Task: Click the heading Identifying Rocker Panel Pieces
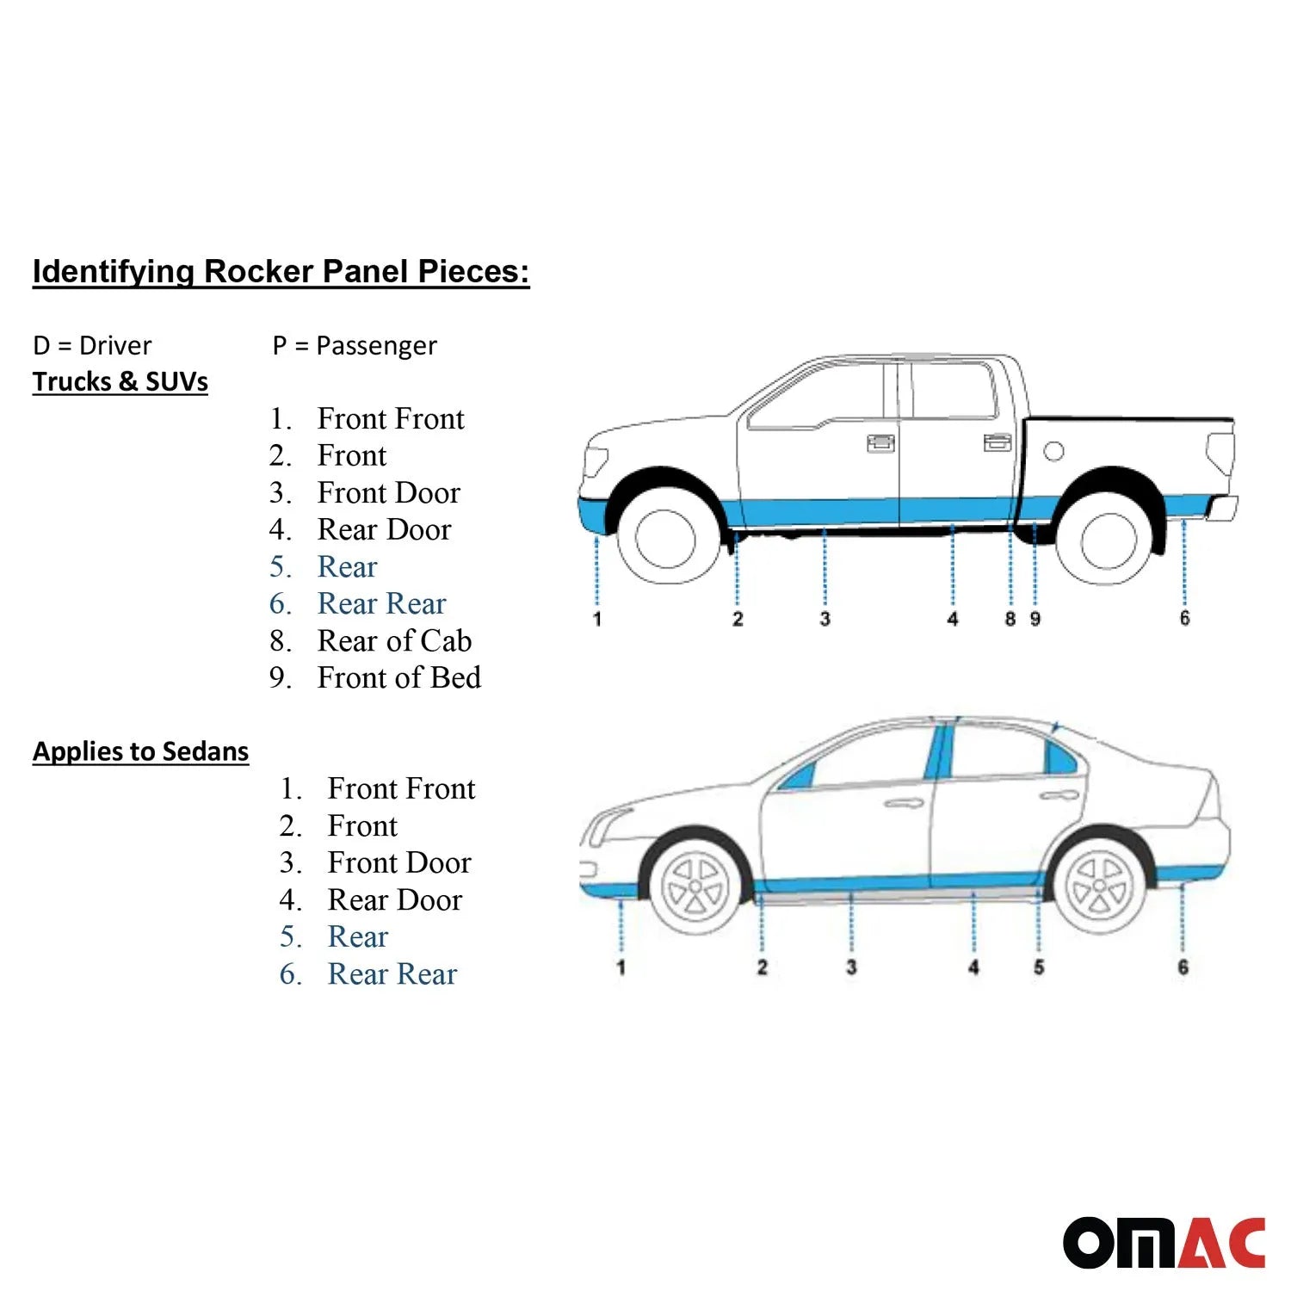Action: point(281,271)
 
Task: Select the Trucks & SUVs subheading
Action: point(120,381)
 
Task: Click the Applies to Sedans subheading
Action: point(140,751)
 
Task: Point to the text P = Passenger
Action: point(355,345)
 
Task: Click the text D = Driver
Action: point(92,345)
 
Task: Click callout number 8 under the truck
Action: point(1010,619)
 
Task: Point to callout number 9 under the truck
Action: point(1035,619)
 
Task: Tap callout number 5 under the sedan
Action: point(1039,967)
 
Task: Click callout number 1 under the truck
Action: point(597,619)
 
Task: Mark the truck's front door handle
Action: point(880,442)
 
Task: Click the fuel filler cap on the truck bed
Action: point(1053,451)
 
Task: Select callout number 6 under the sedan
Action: point(1183,967)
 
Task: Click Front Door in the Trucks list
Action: point(389,492)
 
